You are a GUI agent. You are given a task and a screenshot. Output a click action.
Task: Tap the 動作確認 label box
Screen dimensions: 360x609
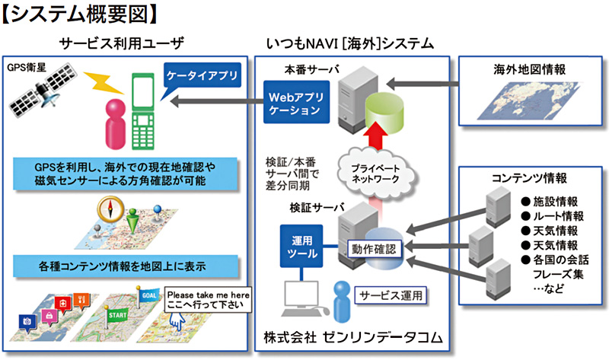point(373,248)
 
